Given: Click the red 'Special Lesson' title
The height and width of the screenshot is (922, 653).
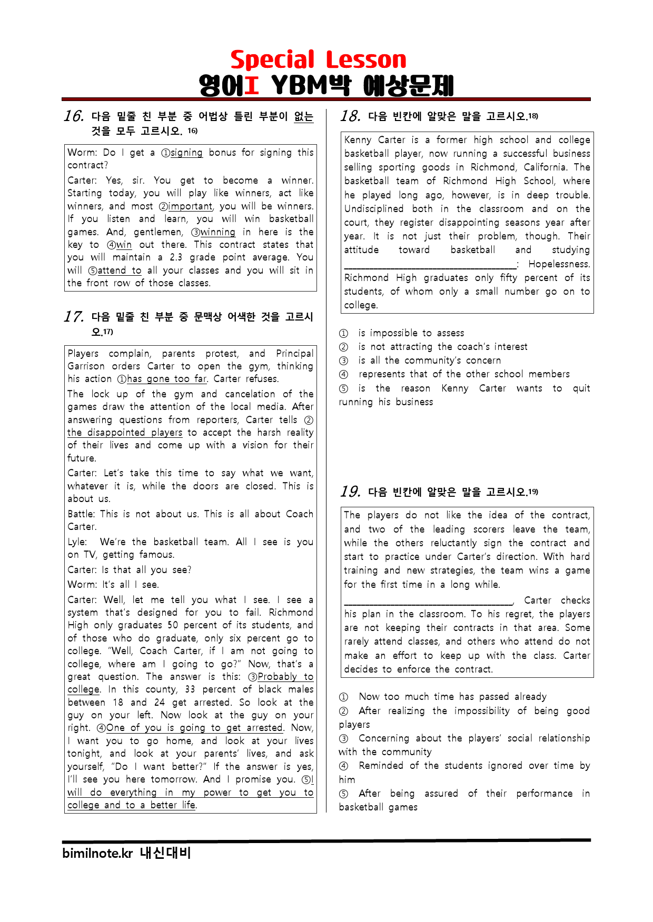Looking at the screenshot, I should tap(318, 60).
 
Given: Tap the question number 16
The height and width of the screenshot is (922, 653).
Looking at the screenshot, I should tap(74, 116).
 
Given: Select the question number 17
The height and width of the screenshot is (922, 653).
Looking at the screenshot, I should tap(74, 317).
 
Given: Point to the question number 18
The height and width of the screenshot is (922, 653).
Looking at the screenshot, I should tap(350, 116).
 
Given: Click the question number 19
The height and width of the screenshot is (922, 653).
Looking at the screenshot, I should tap(350, 492).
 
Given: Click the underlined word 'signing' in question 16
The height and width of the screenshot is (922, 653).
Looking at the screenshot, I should tap(186, 153).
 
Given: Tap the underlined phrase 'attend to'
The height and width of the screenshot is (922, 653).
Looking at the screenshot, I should tap(120, 270).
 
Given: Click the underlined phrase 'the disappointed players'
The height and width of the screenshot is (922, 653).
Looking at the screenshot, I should tap(125, 433).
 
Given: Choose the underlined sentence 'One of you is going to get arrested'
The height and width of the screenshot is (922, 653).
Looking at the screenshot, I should tap(195, 728).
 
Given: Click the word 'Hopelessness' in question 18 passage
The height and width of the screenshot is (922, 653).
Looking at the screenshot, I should tap(559, 264).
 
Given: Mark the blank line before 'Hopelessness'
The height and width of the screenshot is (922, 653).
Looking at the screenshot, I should tap(430, 266).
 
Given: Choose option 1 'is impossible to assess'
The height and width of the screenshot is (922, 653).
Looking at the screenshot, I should tap(411, 333).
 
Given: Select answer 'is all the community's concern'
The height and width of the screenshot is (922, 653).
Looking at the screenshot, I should tap(429, 360).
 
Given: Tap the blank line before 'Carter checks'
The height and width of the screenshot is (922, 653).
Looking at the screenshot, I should tap(428, 603).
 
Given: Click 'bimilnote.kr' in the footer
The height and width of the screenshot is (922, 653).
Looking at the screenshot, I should tap(97, 854).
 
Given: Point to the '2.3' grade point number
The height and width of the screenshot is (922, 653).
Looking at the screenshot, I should tap(176, 257).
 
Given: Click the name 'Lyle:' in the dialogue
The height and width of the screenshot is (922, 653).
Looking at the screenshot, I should tap(77, 542).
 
